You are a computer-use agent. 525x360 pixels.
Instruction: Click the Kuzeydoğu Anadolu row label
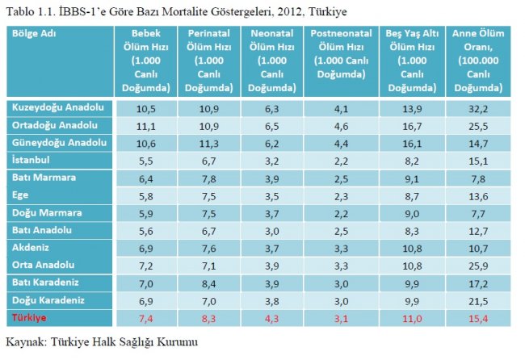(58, 107)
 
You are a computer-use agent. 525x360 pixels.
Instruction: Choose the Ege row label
(21, 195)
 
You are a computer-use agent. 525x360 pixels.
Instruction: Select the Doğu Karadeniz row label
(48, 300)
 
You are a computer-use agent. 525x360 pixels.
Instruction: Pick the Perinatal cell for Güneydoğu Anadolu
(212, 143)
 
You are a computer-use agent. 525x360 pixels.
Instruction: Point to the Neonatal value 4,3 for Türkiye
(271, 319)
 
